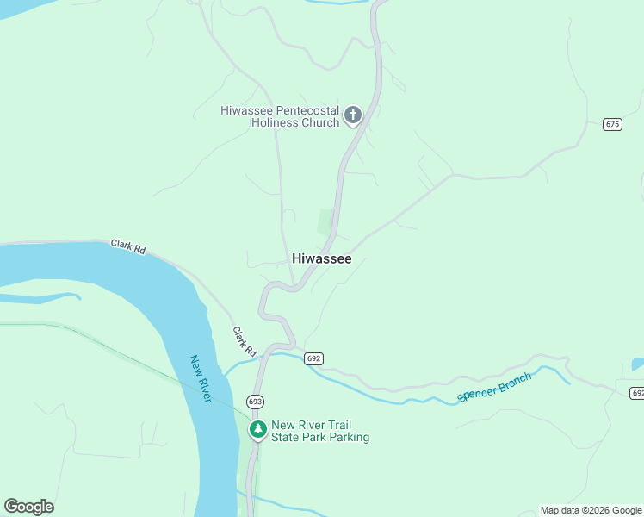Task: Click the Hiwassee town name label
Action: click(321, 258)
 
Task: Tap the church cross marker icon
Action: click(352, 115)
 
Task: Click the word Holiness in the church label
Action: click(273, 123)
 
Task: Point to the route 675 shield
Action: click(612, 124)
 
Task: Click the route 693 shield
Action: click(255, 402)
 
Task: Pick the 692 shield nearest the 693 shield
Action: click(313, 358)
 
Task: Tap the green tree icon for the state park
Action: click(257, 429)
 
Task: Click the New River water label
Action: click(201, 378)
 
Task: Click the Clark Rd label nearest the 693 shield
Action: click(245, 342)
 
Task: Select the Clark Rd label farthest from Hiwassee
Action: click(128, 246)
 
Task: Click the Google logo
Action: click(28, 507)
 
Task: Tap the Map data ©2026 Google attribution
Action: click(591, 510)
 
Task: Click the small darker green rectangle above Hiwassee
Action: click(325, 221)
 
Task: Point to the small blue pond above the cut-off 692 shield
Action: click(637, 364)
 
